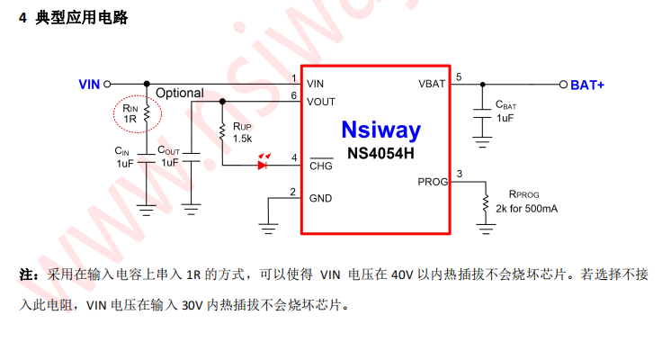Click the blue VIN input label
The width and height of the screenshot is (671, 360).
pos(89,85)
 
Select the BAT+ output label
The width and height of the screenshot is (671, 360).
pos(587,85)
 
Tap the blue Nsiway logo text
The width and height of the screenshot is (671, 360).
pos(380,130)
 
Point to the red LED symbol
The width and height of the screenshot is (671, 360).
pos(264,165)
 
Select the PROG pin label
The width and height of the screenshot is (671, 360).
pos(433,182)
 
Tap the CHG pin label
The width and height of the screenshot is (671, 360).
pos(321,166)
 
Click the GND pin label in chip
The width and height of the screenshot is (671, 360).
pos(320,198)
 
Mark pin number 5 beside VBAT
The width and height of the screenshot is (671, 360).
pos(459,77)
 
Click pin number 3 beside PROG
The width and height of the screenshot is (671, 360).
pos(460,174)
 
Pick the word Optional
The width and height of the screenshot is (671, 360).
pos(180,94)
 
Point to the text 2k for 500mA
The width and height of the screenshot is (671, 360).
pos(526,209)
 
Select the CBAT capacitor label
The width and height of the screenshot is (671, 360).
pos(505,105)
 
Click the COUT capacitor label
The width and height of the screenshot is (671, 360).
pos(169,150)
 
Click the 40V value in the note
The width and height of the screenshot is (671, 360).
pos(401,274)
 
